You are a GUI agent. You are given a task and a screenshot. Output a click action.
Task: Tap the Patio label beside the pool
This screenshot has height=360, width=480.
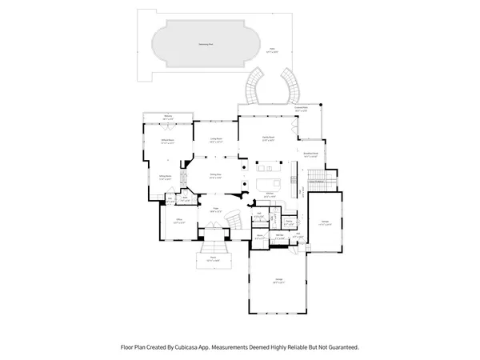pyautogui.click(x=271, y=50)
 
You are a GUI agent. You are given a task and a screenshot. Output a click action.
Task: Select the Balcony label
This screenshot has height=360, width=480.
pyautogui.click(x=168, y=117)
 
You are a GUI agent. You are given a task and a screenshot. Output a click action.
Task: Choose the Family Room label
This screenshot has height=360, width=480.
pyautogui.click(x=267, y=138)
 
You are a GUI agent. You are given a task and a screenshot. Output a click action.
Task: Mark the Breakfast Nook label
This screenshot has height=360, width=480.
pyautogui.click(x=311, y=154)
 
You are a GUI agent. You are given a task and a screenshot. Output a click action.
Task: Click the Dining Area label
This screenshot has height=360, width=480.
pyautogui.click(x=215, y=176)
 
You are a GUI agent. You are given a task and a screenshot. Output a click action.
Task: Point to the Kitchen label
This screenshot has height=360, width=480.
pyautogui.click(x=270, y=194)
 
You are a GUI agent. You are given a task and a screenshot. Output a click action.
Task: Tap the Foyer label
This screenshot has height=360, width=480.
pyautogui.click(x=214, y=209)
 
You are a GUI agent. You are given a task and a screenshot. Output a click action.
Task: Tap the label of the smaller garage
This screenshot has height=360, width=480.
pyautogui.click(x=325, y=224)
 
